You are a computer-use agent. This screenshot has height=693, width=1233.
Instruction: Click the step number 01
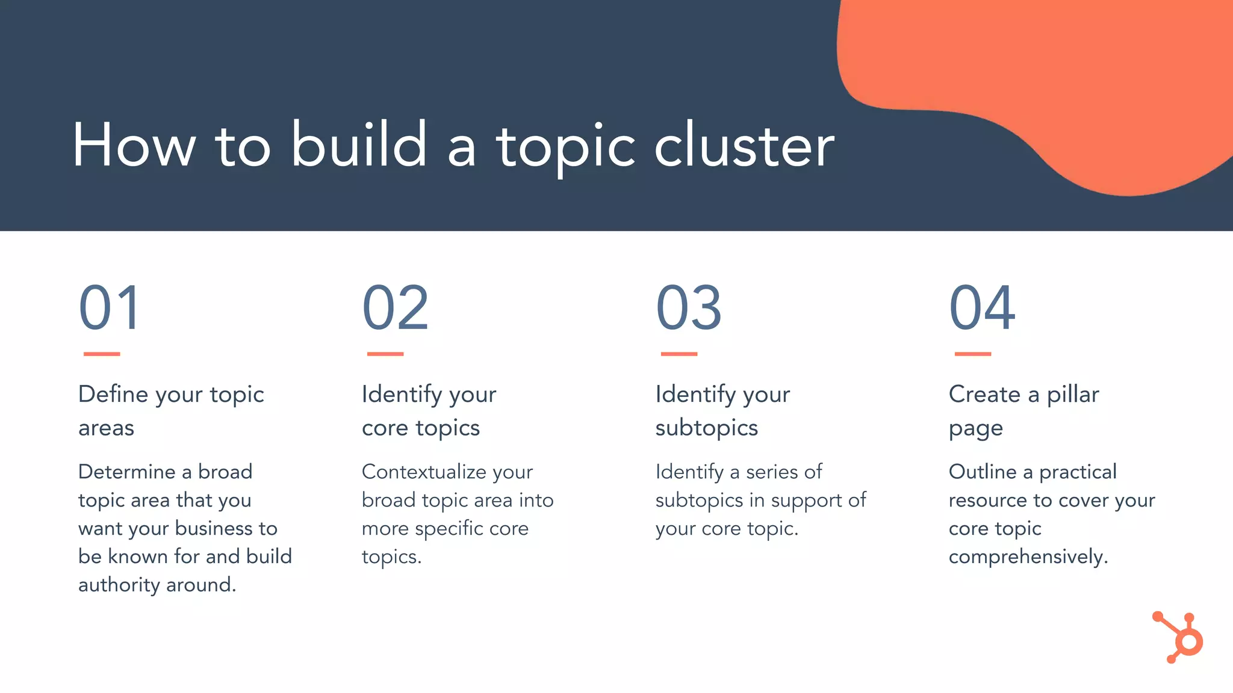110,308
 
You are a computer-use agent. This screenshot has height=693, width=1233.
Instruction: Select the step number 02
395,308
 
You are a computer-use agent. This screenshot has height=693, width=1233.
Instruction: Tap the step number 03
688,308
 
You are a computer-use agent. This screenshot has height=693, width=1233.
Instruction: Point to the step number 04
982,308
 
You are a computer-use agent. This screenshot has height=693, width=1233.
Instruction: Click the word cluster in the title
744,146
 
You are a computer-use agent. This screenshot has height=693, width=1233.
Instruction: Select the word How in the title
134,146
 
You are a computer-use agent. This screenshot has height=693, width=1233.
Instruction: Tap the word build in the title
359,146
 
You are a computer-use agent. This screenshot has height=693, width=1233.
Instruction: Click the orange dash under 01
101,354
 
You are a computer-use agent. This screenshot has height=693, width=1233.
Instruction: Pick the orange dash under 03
679,354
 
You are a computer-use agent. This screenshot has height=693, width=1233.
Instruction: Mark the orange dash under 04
972,354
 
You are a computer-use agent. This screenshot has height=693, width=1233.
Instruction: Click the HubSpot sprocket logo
1180,638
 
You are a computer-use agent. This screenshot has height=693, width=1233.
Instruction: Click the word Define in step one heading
113,395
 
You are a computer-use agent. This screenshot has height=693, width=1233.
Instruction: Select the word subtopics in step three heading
706,428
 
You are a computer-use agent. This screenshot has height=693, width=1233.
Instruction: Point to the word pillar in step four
1073,395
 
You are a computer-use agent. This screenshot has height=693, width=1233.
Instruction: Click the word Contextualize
424,472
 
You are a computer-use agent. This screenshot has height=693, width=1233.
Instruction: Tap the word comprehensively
1027,557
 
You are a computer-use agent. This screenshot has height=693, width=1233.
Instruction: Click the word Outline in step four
982,472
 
